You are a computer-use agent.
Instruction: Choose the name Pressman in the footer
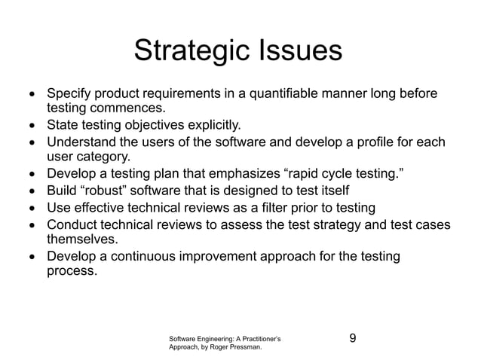244,348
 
